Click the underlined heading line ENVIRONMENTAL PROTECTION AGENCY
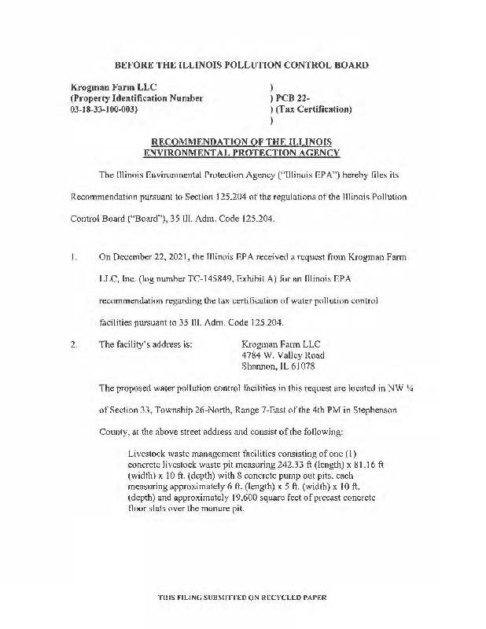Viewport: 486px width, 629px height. (242, 153)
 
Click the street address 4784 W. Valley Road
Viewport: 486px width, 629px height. (283, 355)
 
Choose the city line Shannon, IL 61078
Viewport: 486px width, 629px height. (278, 366)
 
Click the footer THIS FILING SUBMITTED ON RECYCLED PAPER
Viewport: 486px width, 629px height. (242, 597)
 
